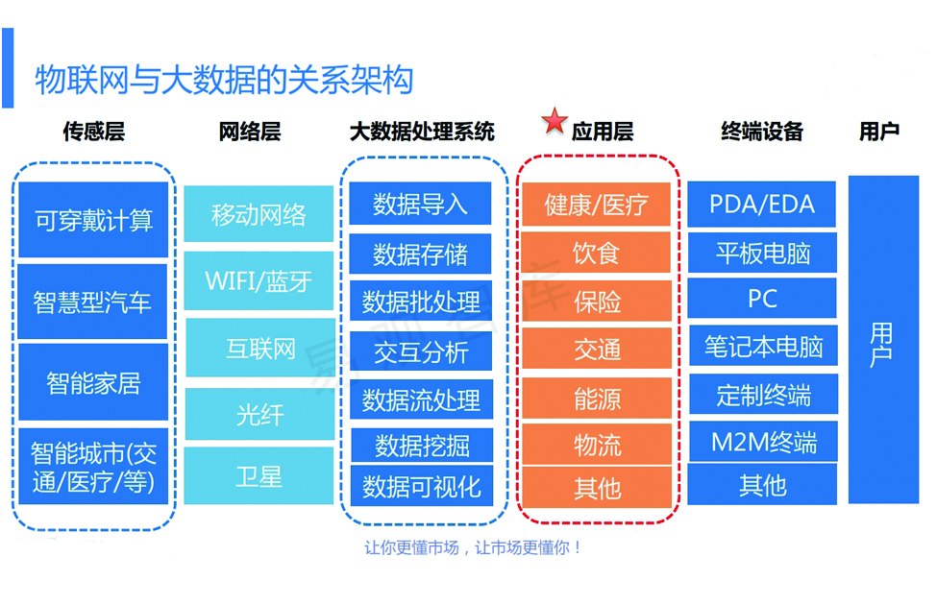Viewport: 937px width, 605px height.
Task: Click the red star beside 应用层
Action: tap(555, 121)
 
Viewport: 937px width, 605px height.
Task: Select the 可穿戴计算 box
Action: tap(93, 220)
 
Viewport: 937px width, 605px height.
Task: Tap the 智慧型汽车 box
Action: tap(92, 302)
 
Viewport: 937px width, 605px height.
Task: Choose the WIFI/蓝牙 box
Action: tap(259, 280)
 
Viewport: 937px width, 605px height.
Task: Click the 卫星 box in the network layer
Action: tap(259, 476)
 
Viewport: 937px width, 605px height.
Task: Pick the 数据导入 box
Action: tap(420, 204)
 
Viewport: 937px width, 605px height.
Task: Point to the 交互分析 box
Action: tap(421, 351)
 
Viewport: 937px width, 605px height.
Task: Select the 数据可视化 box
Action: tap(422, 486)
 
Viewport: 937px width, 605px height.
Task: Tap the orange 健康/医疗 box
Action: tap(596, 205)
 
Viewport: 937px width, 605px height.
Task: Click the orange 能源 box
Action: tap(597, 398)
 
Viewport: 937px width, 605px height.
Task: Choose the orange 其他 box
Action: tap(597, 487)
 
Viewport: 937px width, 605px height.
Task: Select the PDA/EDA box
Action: tap(761, 205)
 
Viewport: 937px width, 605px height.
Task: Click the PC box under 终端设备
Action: tap(762, 298)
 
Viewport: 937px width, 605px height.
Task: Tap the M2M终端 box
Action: tap(763, 442)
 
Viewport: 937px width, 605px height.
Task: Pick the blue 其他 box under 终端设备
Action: tap(762, 484)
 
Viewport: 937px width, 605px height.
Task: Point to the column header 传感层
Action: tap(94, 132)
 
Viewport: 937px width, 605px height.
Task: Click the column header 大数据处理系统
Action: tap(422, 132)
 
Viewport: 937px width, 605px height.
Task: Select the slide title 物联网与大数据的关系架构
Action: tap(224, 80)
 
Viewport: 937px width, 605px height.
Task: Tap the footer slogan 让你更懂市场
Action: tap(411, 547)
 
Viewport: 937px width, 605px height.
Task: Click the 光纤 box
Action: tap(259, 414)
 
